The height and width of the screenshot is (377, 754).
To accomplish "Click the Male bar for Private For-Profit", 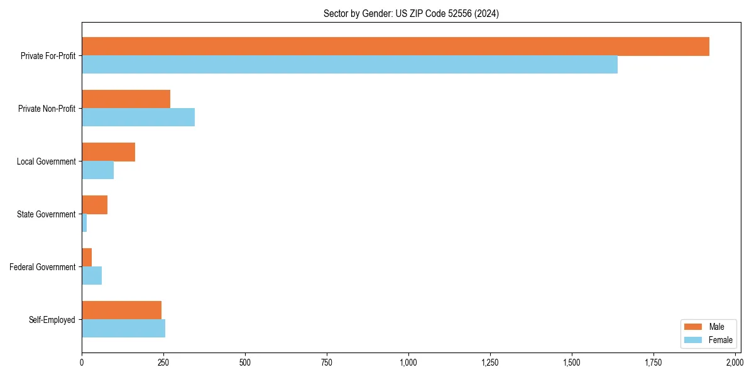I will pyautogui.click(x=395, y=46).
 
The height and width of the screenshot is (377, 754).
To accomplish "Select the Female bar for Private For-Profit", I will pyautogui.click(x=349, y=65).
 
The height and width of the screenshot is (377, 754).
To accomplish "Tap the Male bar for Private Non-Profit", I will pyautogui.click(x=126, y=99).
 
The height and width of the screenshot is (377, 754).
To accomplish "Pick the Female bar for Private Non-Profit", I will pyautogui.click(x=138, y=117).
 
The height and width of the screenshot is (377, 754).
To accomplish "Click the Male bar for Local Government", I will pyautogui.click(x=108, y=152).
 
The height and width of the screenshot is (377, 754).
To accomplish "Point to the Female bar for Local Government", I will pyautogui.click(x=97, y=170).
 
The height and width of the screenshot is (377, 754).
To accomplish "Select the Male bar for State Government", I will pyautogui.click(x=94, y=205).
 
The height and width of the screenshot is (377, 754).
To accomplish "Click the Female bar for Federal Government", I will pyautogui.click(x=92, y=276).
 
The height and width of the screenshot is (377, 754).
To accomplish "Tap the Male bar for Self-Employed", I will pyautogui.click(x=121, y=310).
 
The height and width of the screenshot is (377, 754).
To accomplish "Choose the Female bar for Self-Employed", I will pyautogui.click(x=123, y=329).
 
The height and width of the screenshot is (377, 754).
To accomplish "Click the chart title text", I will pyautogui.click(x=411, y=14).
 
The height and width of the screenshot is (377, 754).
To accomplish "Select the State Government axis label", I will pyautogui.click(x=46, y=214).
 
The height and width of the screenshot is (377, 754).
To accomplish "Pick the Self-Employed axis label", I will pyautogui.click(x=52, y=320).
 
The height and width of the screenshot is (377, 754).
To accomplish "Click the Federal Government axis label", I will pyautogui.click(x=43, y=267).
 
